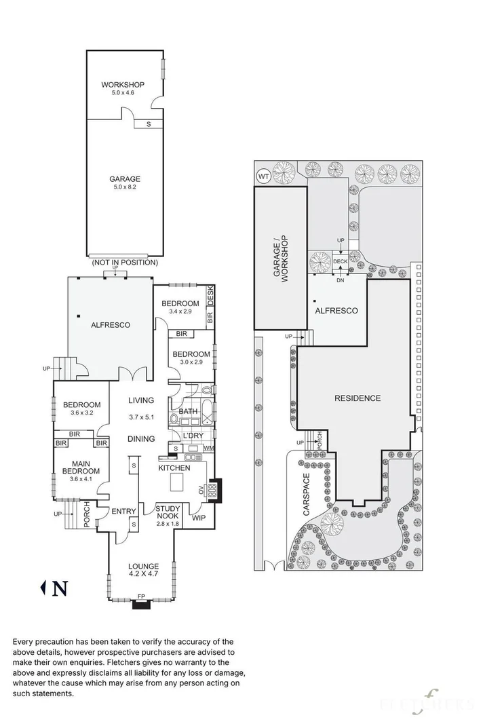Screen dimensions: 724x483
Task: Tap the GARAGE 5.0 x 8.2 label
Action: pyautogui.click(x=125, y=180)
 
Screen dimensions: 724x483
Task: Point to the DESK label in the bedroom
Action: pyautogui.click(x=210, y=296)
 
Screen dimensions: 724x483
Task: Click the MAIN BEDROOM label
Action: pyautogui.click(x=81, y=467)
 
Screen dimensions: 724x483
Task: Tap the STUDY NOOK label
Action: pyautogui.click(x=167, y=512)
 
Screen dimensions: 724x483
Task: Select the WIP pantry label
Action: pyautogui.click(x=199, y=518)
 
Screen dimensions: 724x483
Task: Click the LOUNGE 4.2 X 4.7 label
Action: pyautogui.click(x=143, y=567)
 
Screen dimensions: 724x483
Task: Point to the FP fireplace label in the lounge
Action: pyautogui.click(x=141, y=597)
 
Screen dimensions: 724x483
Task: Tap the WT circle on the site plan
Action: pyautogui.click(x=263, y=176)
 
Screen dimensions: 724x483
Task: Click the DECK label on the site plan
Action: pyautogui.click(x=340, y=261)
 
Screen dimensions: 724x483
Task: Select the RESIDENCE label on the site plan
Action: pyautogui.click(x=358, y=398)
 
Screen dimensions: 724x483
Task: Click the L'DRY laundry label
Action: pyautogui.click(x=193, y=436)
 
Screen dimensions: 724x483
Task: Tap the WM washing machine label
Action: pyautogui.click(x=208, y=449)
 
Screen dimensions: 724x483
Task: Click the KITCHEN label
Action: pyautogui.click(x=174, y=468)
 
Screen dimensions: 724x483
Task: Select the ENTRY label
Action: pyautogui.click(x=124, y=511)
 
